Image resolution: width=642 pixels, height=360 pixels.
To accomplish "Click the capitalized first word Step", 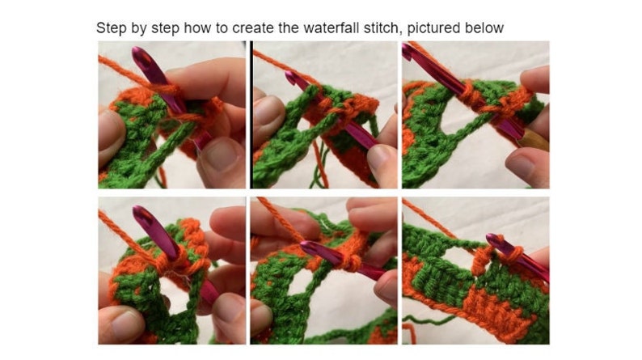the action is coord(112,28).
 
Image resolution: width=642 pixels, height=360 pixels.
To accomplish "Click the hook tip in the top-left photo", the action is coord(139,53).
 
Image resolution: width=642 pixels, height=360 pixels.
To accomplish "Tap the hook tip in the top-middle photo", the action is coord(290,75).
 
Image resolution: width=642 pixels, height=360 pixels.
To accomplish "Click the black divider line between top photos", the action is coord(251,114).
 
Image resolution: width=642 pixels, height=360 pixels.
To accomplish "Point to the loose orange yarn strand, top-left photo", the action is coord(123,72).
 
